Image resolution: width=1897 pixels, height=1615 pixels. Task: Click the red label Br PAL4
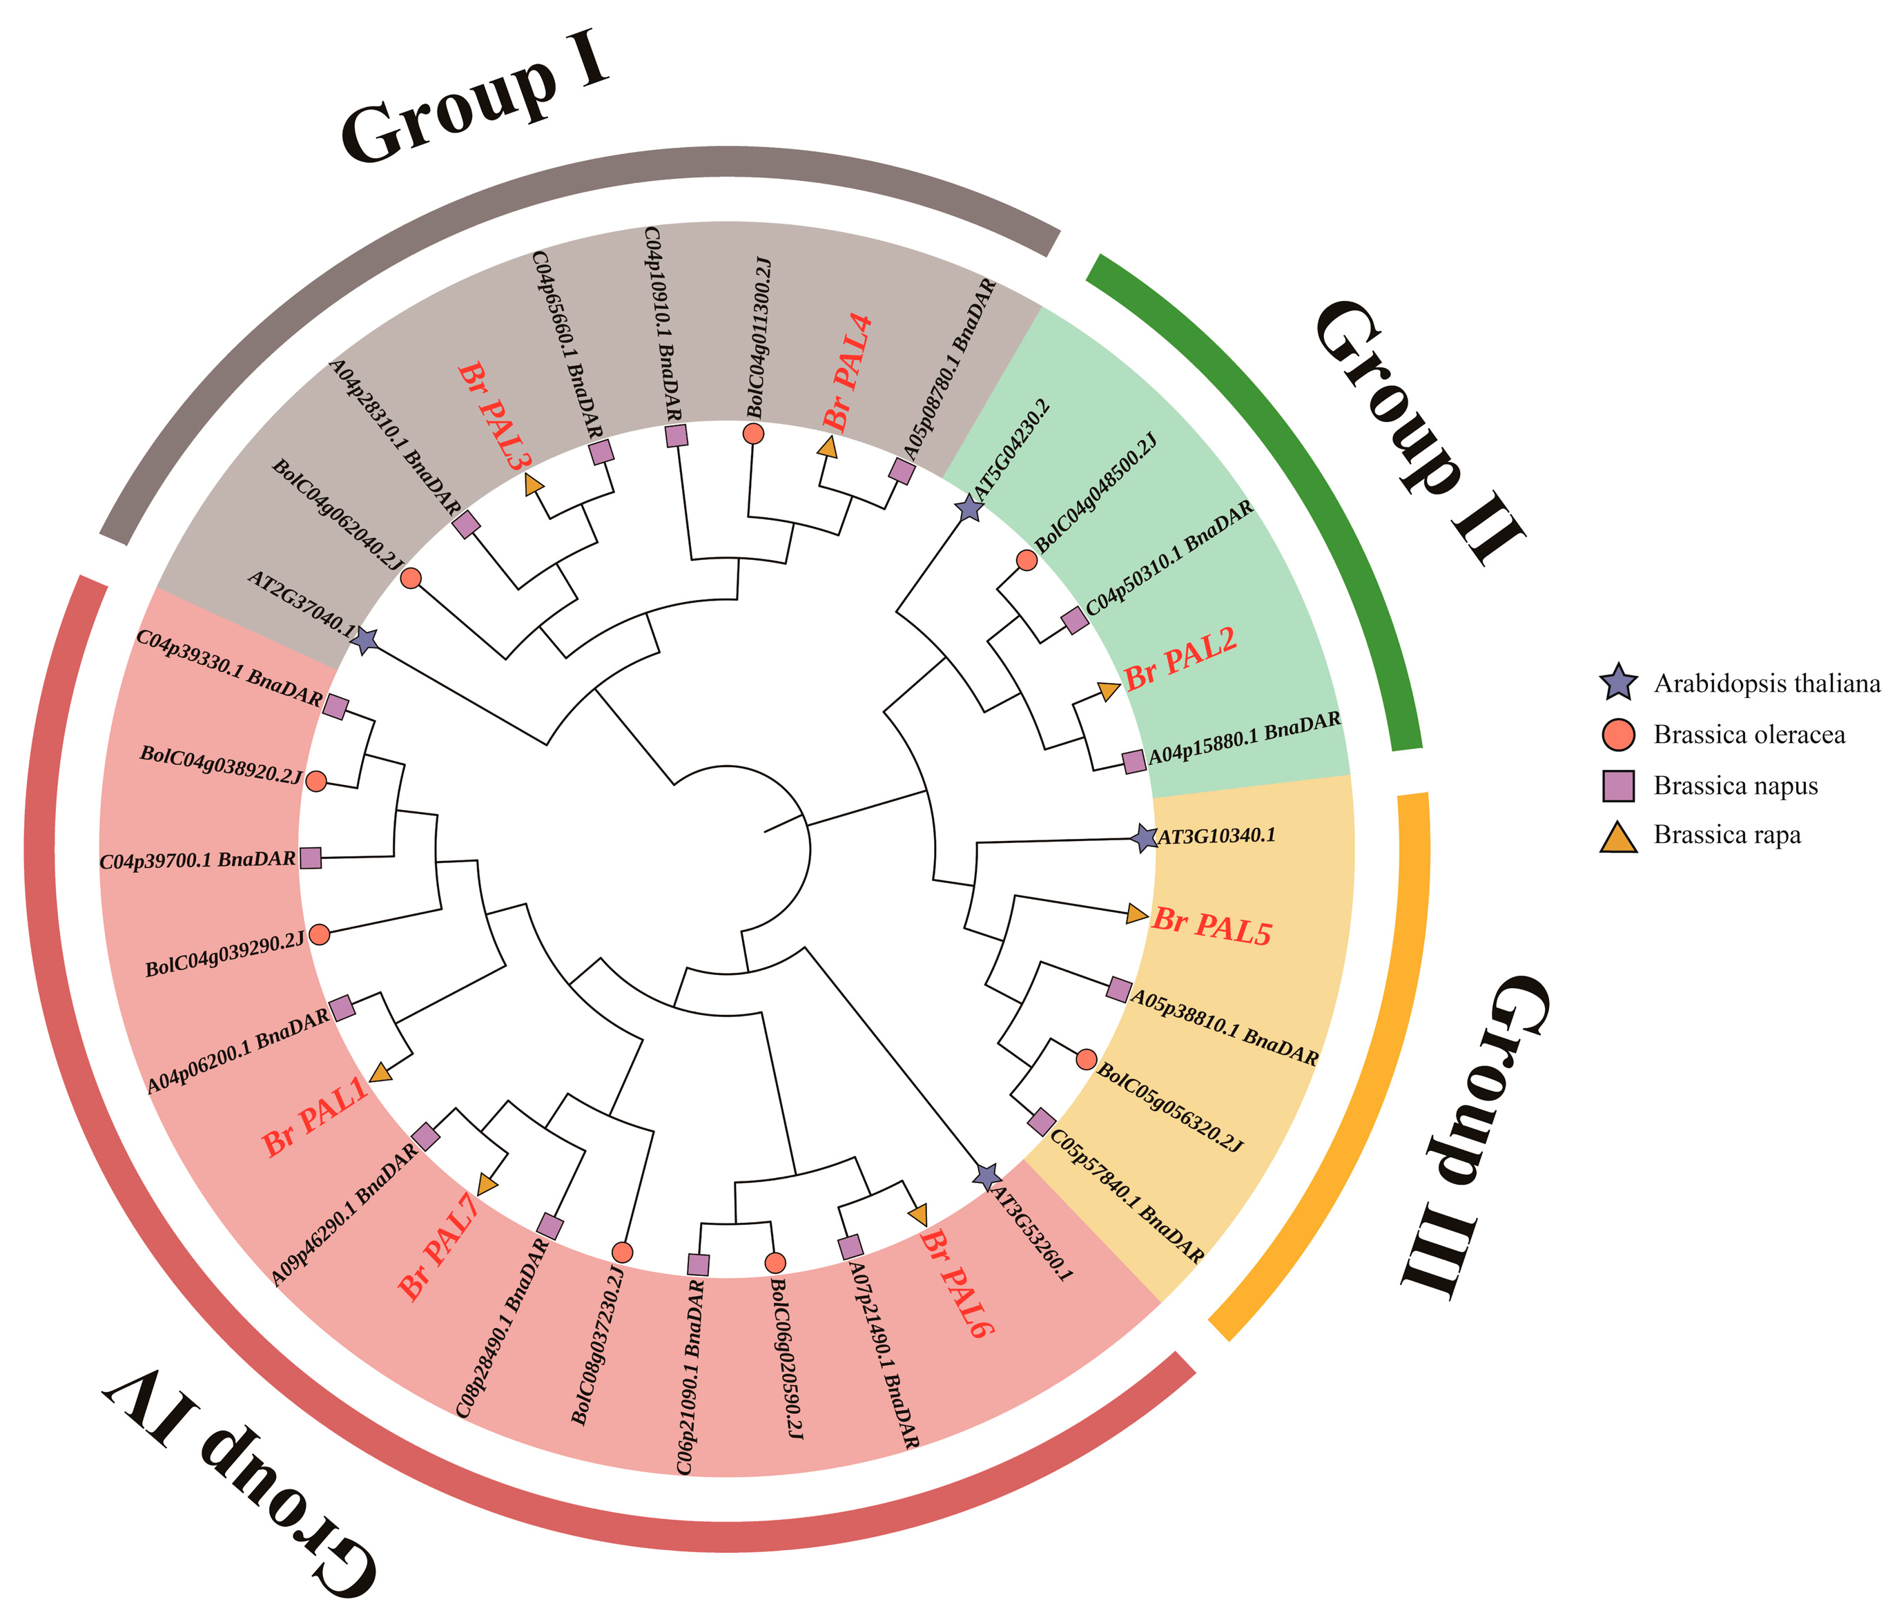(848, 371)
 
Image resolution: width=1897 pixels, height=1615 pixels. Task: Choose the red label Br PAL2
(1180, 659)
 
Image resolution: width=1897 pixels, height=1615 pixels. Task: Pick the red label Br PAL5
(1212, 926)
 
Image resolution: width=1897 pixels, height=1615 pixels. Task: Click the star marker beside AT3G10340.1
(1144, 838)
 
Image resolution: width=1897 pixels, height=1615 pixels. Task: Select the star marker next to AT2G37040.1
(365, 641)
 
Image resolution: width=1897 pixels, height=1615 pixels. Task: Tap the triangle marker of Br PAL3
(534, 485)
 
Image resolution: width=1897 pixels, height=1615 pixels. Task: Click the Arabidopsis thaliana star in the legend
(1618, 683)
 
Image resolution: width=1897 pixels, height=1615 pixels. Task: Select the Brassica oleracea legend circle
(1618, 734)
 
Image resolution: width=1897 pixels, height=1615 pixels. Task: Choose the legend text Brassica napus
(1735, 786)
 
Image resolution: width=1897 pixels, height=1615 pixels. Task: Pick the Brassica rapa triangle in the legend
(1618, 837)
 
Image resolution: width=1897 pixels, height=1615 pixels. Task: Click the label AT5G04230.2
(1012, 449)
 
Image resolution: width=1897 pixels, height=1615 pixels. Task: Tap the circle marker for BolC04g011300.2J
(753, 433)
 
